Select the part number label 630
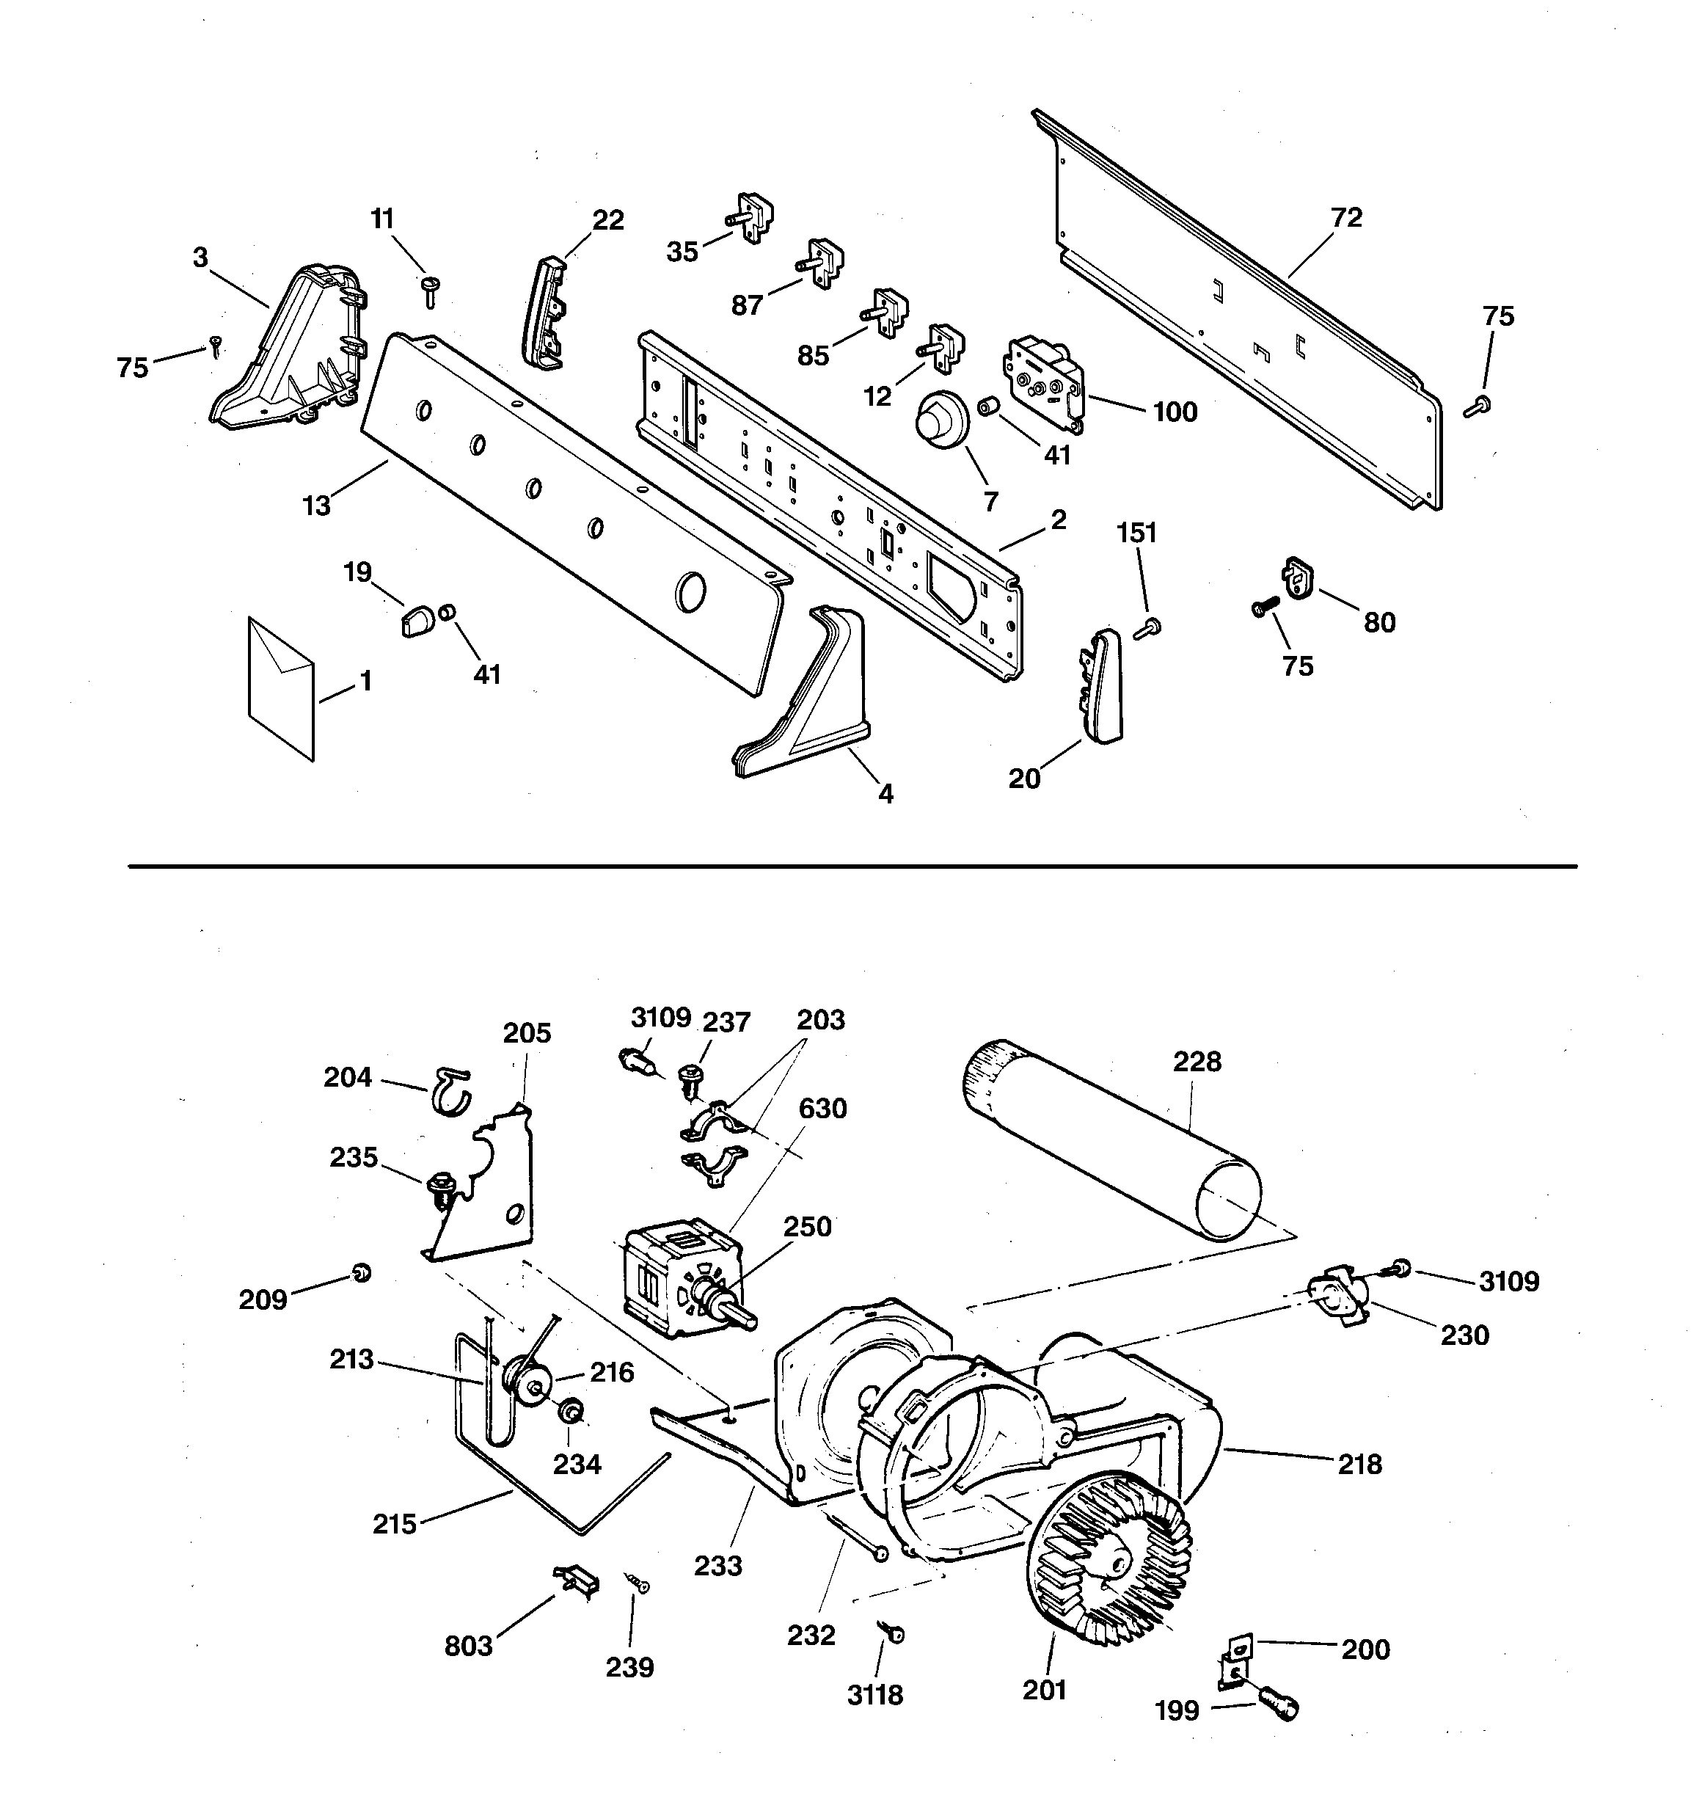point(822,1108)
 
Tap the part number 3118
point(874,1696)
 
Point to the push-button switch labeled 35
point(752,219)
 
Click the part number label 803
point(468,1646)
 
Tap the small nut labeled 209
point(362,1272)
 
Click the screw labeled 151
point(1147,627)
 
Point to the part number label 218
point(1359,1465)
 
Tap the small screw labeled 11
point(429,291)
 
